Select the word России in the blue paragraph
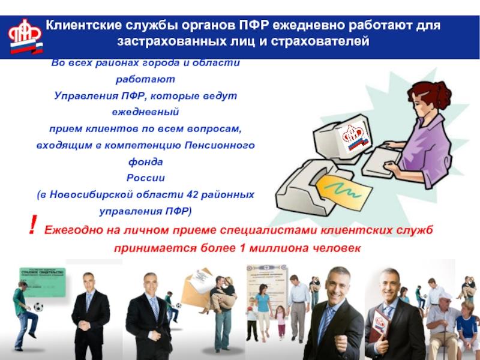coord(145,178)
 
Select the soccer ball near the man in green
coord(40,307)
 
